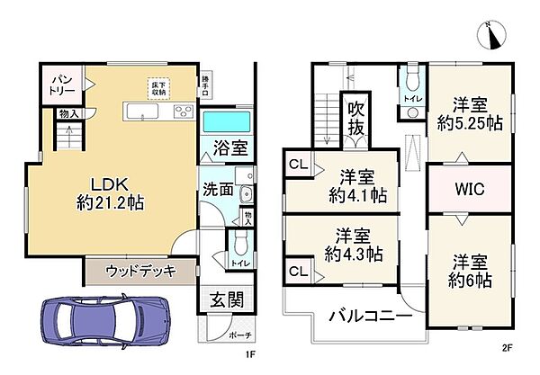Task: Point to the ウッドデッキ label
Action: (139, 270)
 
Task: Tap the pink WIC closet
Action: (470, 190)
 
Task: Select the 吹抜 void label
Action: (355, 118)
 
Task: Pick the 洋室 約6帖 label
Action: (470, 272)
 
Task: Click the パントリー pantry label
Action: (60, 84)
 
